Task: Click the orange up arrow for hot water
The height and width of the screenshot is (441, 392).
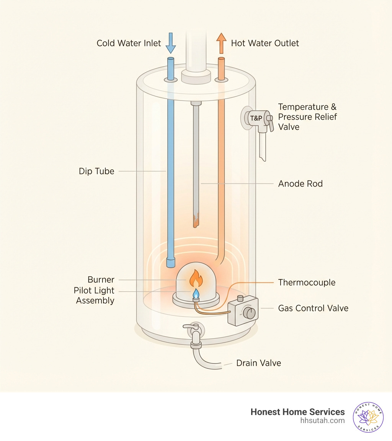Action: (221, 43)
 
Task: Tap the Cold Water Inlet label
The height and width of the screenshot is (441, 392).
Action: (129, 43)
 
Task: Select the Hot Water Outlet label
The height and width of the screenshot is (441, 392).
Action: (265, 43)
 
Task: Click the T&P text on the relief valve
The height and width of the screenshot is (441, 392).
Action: (255, 118)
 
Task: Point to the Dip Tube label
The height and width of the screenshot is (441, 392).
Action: (96, 171)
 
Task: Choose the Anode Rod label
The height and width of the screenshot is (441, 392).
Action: (301, 183)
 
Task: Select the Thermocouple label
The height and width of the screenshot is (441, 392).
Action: (307, 282)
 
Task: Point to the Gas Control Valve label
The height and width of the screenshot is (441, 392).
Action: (313, 308)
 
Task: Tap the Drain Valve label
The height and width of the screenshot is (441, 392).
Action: (259, 363)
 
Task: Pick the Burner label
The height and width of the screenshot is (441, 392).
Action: (101, 280)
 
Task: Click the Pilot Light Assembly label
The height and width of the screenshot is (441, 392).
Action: (94, 295)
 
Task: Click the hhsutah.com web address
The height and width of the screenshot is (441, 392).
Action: (323, 420)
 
